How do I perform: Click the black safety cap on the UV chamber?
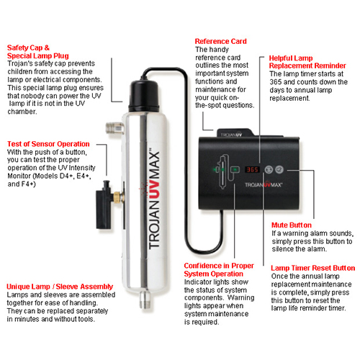tap(144, 96)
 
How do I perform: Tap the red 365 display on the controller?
tap(252, 170)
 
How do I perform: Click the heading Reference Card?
tap(220, 41)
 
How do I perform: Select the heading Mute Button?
tap(292, 225)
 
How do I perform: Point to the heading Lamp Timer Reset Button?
tap(312, 268)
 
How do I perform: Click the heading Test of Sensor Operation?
tap(48, 144)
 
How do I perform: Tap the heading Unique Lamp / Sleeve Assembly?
tap(60, 287)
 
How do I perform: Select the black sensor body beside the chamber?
tap(104, 206)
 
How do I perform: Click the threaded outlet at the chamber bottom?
tap(145, 300)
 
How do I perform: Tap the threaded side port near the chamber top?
tap(114, 127)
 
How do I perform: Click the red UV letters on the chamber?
tap(154, 190)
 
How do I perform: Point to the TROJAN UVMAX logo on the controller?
tap(264, 184)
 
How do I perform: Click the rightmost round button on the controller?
tap(279, 169)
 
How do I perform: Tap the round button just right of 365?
tap(269, 169)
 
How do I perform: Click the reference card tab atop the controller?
tap(235, 133)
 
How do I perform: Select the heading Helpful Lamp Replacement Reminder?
tap(307, 62)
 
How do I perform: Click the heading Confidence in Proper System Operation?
tap(219, 270)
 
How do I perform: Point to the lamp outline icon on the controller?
tap(222, 171)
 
